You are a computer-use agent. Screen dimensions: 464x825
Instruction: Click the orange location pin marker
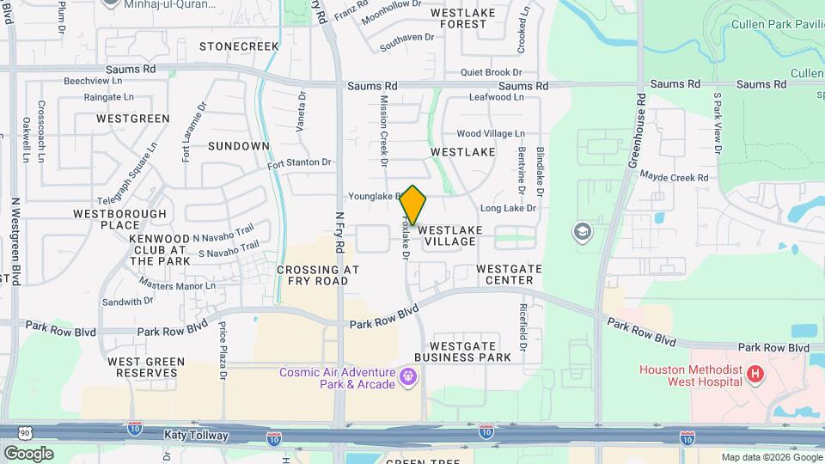point(413,205)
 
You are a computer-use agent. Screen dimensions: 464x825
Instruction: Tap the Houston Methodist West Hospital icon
point(755,374)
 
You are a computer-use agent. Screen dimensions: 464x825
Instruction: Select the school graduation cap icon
point(584,232)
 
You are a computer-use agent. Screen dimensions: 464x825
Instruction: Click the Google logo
point(28,453)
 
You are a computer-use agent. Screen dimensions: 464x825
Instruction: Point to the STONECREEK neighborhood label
point(239,46)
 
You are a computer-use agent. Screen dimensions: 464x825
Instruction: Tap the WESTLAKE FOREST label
point(471,19)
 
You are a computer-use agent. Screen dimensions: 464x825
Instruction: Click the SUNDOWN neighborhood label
point(239,146)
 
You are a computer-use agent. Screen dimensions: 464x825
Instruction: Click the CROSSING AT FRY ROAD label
point(318,275)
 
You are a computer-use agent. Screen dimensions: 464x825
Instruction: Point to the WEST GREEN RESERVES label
point(143,367)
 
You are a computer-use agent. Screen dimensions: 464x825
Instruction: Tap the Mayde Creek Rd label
point(674,177)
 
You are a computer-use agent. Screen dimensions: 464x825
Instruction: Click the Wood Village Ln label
point(490,134)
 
